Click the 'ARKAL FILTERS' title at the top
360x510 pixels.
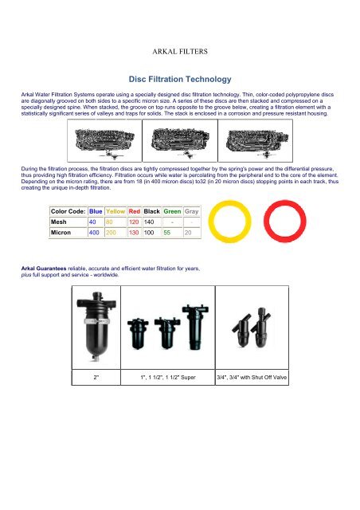pyautogui.click(x=180, y=50)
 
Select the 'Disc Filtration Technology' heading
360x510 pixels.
pyautogui.click(x=180, y=80)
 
